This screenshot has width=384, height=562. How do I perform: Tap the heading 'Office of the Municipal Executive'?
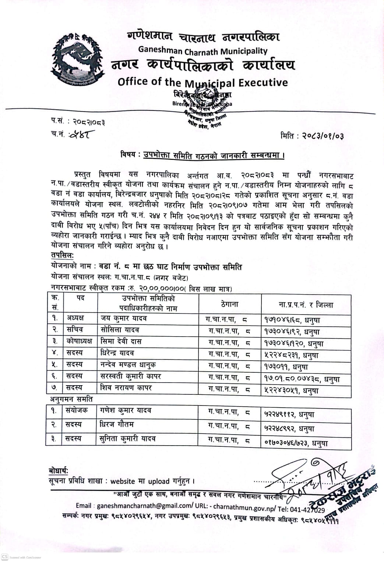coord(202,82)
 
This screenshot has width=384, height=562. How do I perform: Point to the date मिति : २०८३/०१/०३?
coord(312,136)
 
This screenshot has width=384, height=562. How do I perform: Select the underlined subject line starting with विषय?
coord(202,155)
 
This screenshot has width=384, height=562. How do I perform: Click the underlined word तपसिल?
coord(62,255)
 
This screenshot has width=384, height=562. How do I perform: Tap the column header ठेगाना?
coord(230,304)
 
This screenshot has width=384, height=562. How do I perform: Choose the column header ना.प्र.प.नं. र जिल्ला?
coord(306,305)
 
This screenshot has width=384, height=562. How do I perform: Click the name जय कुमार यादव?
coord(124,318)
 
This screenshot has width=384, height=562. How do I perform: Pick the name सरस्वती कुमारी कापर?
coord(131,376)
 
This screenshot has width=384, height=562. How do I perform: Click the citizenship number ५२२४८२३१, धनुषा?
coord(291,355)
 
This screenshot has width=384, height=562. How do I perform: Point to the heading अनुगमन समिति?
coord(71,399)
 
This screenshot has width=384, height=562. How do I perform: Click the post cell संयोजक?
coord(77,410)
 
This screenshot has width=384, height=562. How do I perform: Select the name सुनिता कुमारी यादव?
coord(127,439)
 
